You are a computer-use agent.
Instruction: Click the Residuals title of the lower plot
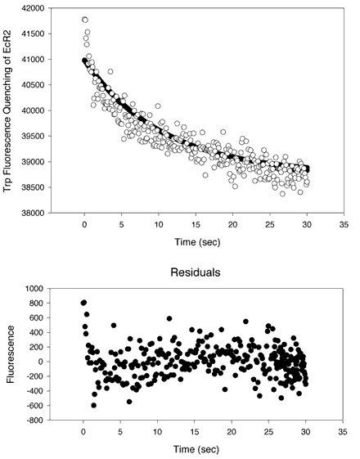196,272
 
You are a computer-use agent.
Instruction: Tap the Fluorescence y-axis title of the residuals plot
11,354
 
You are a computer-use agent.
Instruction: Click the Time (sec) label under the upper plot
197,242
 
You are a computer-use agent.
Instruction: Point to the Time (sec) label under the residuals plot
196,449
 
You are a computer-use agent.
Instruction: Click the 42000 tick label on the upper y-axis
33,8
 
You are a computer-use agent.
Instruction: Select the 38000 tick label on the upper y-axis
33,213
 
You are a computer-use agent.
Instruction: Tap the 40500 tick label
33,85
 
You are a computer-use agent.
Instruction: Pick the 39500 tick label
33,136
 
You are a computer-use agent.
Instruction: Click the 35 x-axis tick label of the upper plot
344,224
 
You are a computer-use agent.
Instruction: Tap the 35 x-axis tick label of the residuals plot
343,431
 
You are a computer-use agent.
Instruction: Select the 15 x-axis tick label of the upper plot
196,224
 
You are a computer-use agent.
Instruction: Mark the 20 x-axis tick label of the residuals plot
232,431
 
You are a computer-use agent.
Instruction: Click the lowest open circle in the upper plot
282,193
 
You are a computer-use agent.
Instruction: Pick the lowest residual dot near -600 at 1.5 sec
93,406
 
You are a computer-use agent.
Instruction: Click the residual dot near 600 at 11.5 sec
169,318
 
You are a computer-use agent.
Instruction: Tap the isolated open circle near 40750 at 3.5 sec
110,71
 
